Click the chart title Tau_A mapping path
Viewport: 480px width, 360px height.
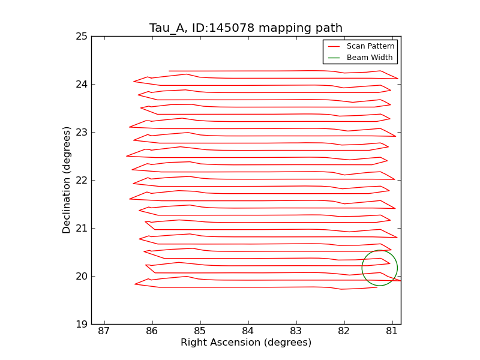[x=246, y=28]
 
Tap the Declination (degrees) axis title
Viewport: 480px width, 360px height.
[x=67, y=180]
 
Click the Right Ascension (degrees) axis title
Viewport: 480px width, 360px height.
[x=246, y=343]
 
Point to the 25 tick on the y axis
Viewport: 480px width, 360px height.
[x=81, y=37]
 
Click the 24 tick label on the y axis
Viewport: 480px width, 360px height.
[x=81, y=85]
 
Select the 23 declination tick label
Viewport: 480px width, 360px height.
[x=81, y=133]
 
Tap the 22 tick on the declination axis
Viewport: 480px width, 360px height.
[x=81, y=181]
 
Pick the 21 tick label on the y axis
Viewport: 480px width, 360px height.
[x=81, y=229]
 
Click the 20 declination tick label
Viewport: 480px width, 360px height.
[x=81, y=277]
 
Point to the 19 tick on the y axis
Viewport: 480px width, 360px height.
[x=81, y=325]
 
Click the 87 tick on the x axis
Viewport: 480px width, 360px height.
[x=104, y=332]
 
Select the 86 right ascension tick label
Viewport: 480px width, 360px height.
[x=152, y=332]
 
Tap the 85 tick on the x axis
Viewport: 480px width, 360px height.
[x=200, y=332]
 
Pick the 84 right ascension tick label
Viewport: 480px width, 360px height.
[x=248, y=332]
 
